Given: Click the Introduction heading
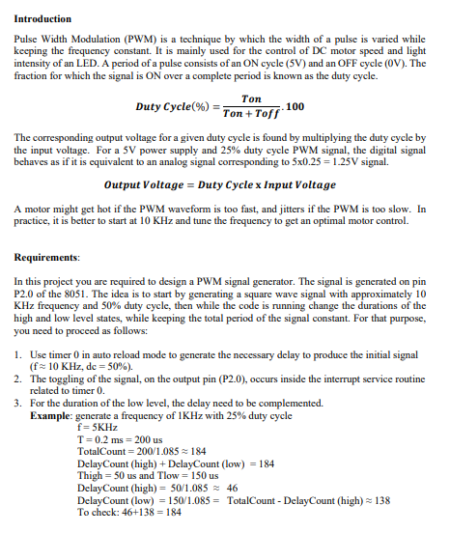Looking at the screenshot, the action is pyautogui.click(x=43, y=18).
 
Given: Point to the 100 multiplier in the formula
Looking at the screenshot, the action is pyautogui.click(x=295, y=106).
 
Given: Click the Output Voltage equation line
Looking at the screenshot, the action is pyautogui.click(x=220, y=183).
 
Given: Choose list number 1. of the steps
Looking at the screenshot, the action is pyautogui.click(x=19, y=356).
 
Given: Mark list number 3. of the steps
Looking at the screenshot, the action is pyautogui.click(x=19, y=403).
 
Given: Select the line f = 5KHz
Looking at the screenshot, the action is pyautogui.click(x=97, y=426).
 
